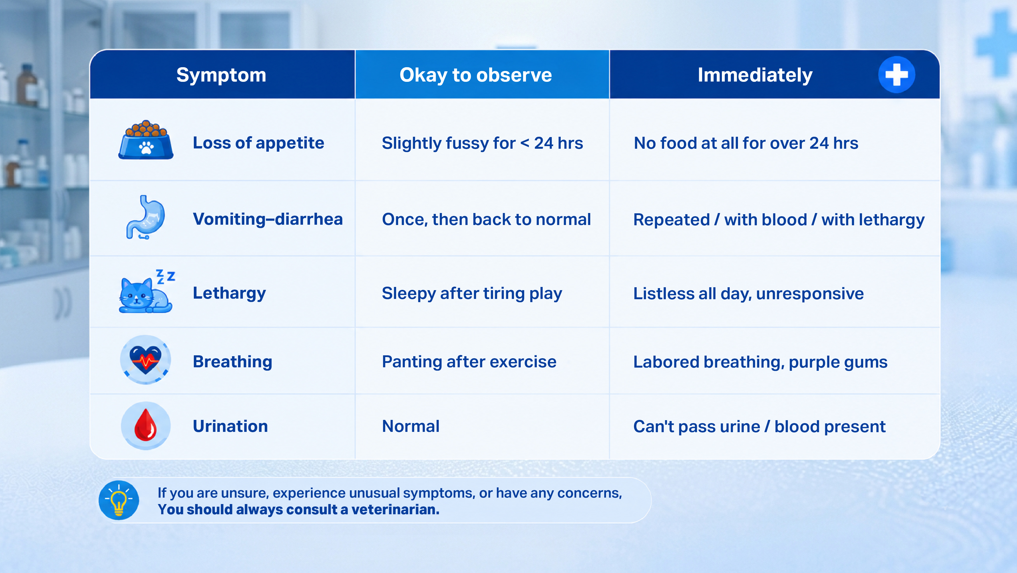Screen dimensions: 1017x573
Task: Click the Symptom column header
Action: tap(221, 75)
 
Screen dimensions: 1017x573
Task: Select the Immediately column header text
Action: tap(755, 75)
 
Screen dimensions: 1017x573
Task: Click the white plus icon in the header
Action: tap(896, 75)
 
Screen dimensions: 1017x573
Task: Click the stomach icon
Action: tap(146, 217)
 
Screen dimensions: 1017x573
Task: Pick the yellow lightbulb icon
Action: tap(119, 500)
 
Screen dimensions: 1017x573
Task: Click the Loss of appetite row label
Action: tap(258, 143)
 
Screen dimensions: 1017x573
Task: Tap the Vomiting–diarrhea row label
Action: tap(268, 219)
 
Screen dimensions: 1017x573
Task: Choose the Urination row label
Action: tap(230, 426)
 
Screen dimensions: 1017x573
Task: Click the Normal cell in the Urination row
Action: tap(411, 426)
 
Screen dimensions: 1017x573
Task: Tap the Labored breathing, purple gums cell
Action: tap(760, 362)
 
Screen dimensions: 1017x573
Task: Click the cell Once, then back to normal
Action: tap(486, 219)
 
